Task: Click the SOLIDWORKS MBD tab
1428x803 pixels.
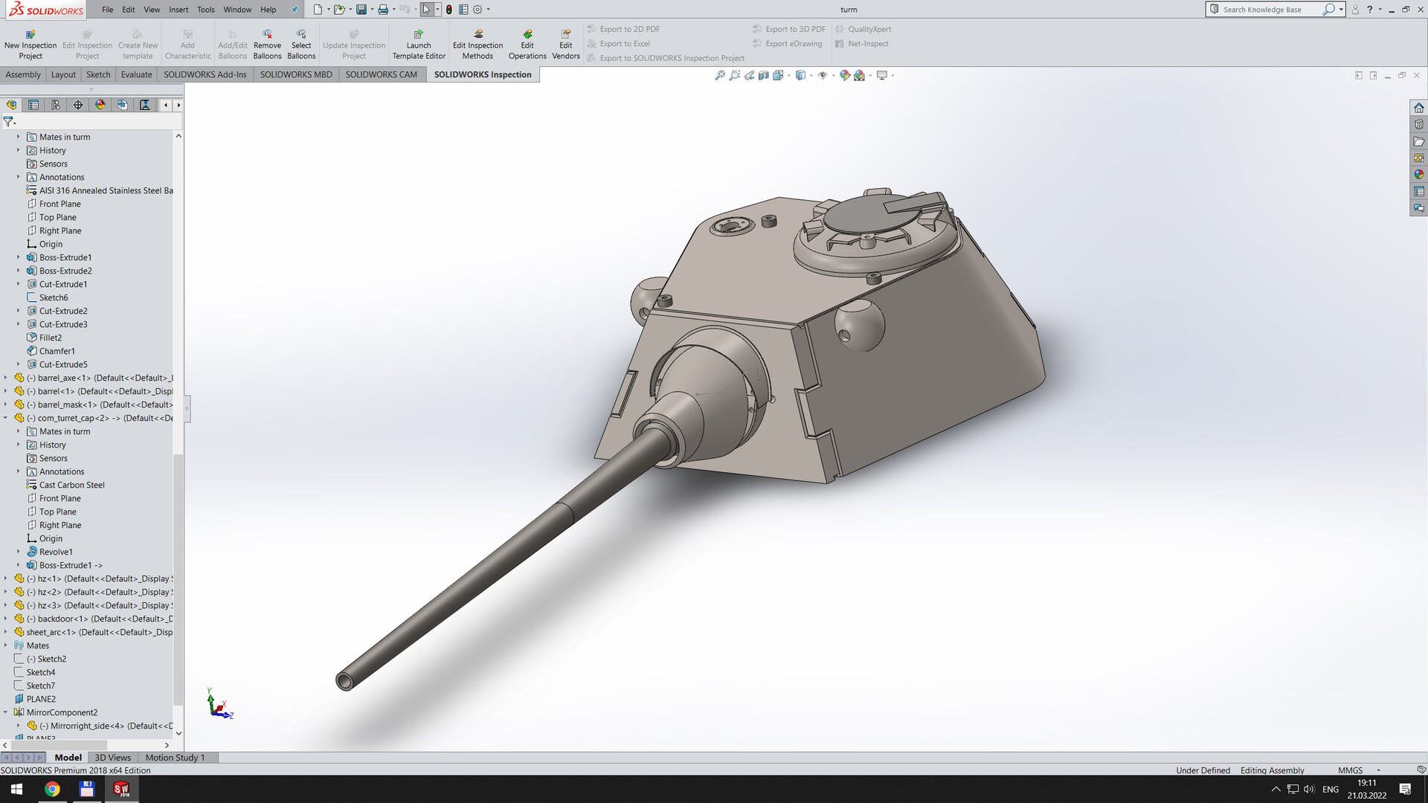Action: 296,74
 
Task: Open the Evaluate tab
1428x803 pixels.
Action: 136,74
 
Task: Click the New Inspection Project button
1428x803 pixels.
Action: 30,45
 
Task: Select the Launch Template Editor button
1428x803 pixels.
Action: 419,45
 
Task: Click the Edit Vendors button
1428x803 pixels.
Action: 565,45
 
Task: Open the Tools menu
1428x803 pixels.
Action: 206,10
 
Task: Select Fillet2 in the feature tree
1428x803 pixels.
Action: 51,338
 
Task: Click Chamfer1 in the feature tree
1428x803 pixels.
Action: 57,351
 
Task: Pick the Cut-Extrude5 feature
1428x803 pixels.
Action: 63,364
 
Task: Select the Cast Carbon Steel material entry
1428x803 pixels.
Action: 71,485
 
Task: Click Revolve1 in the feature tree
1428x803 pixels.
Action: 56,552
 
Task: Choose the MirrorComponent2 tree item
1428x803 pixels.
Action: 62,712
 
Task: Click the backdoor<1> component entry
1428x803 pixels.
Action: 62,619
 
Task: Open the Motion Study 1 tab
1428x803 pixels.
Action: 175,758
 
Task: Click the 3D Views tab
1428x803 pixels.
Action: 112,758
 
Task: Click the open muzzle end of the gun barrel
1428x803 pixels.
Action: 344,680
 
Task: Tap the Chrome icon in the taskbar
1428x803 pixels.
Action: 52,789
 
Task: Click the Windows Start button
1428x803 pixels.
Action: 16,789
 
